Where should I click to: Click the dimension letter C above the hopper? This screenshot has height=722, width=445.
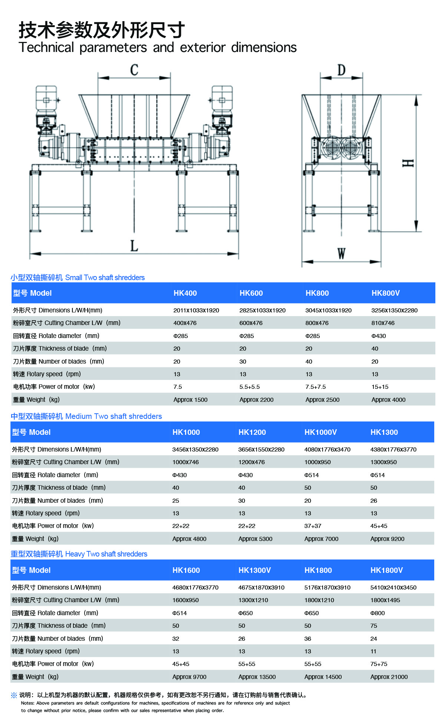[x=134, y=70]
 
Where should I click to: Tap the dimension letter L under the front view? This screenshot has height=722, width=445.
[x=134, y=245]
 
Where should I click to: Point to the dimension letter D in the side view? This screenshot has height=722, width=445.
[x=341, y=70]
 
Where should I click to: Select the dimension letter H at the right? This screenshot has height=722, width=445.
[x=408, y=163]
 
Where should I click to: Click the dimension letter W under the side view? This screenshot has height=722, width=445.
[x=341, y=254]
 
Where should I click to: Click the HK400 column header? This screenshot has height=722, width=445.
[x=185, y=293]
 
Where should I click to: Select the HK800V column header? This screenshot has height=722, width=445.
[x=385, y=293]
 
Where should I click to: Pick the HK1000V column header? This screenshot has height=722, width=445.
[x=320, y=432]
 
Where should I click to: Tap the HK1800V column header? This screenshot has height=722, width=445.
[x=386, y=570]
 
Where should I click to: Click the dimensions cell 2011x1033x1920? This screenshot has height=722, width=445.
[x=196, y=310]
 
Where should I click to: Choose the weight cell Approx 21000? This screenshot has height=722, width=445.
[x=389, y=677]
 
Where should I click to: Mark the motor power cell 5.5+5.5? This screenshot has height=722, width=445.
[x=249, y=387]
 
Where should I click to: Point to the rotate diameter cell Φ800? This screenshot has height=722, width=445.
[x=378, y=613]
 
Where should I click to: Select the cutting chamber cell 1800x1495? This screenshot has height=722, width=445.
[x=385, y=600]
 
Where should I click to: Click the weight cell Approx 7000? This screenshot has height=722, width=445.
[x=321, y=539]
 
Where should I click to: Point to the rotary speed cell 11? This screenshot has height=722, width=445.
[x=373, y=651]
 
